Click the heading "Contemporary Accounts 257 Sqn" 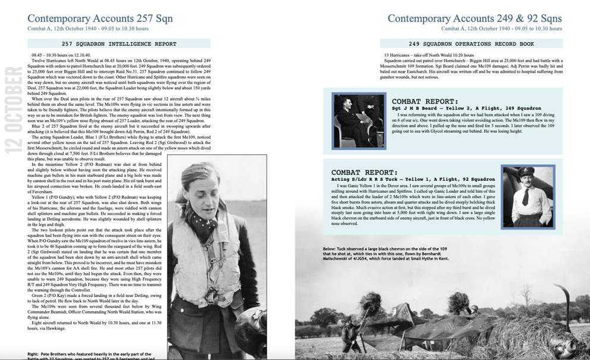[100, 18]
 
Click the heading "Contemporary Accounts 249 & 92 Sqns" [474, 18]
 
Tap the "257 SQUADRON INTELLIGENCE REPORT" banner [119, 44]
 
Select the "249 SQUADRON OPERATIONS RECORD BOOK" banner [471, 44]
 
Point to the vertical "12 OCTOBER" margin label [13, 111]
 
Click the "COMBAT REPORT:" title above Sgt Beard [425, 101]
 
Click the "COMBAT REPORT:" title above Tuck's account [365, 173]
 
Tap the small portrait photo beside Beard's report [359, 120]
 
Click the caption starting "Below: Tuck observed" [387, 253]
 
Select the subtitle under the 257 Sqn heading [88, 29]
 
